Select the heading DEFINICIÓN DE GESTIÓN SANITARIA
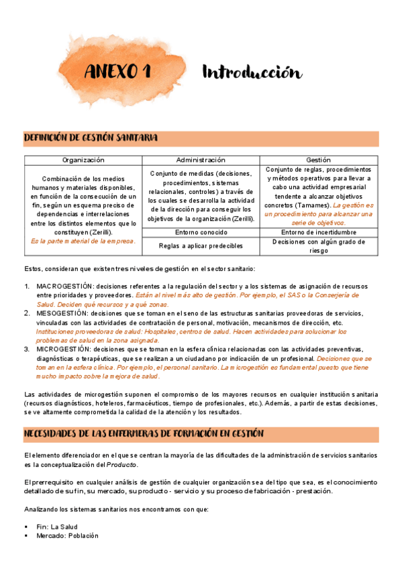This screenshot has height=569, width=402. tap(91, 138)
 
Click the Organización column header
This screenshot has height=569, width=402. tap(83, 160)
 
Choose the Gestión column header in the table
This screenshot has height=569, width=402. tap(318, 160)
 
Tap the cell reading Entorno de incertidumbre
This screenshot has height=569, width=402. tap(318, 232)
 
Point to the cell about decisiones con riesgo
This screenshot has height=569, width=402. tap(318, 246)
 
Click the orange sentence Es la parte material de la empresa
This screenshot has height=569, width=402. tap(83, 240)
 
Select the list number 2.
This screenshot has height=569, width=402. tap(27, 313)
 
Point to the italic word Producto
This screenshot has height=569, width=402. tap(122, 464)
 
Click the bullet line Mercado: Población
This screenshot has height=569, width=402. tap(67, 536)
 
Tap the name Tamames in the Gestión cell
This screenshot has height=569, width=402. tap(309, 205)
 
